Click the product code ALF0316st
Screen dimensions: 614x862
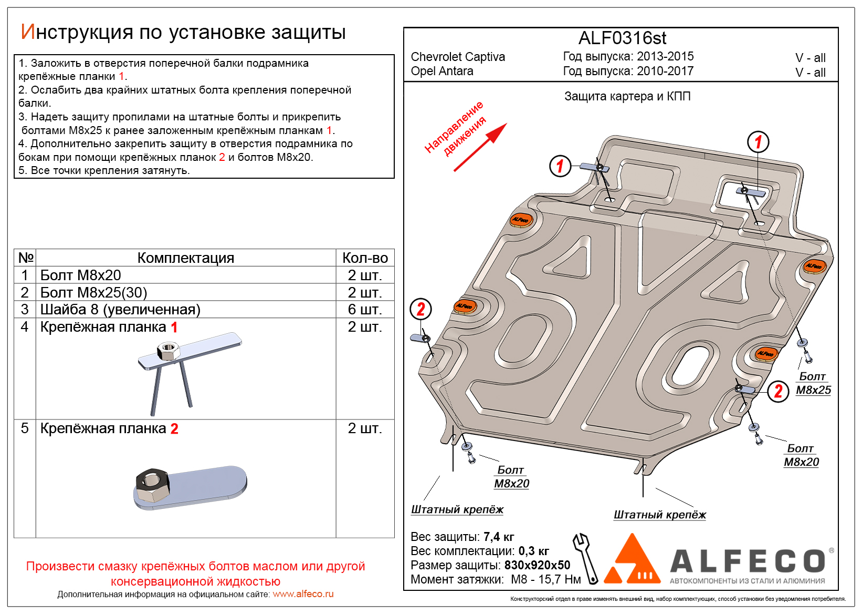pyautogui.click(x=622, y=38)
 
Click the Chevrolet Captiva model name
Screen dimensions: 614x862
pyautogui.click(x=458, y=57)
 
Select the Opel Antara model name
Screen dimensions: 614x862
pyautogui.click(x=442, y=71)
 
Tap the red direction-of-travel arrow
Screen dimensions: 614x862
pyautogui.click(x=480, y=148)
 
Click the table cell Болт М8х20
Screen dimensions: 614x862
pyautogui.click(x=81, y=275)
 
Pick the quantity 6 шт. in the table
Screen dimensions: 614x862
pyautogui.click(x=364, y=309)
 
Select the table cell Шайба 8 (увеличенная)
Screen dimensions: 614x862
pyautogui.click(x=120, y=309)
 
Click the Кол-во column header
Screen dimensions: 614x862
pyautogui.click(x=365, y=258)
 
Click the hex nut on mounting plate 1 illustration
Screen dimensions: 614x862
pyautogui.click(x=168, y=350)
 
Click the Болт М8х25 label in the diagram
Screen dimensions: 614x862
pyautogui.click(x=813, y=384)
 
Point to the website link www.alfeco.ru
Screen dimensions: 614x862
pyautogui.click(x=303, y=594)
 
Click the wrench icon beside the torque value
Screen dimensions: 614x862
pyautogui.click(x=586, y=558)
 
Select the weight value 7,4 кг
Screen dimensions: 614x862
pyautogui.click(x=499, y=537)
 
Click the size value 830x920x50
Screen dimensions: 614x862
pyautogui.click(x=537, y=565)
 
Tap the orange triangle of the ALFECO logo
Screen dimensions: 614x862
pyautogui.click(x=632, y=560)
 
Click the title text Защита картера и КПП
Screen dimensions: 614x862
pyautogui.click(x=627, y=96)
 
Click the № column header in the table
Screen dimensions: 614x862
pyautogui.click(x=26, y=258)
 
